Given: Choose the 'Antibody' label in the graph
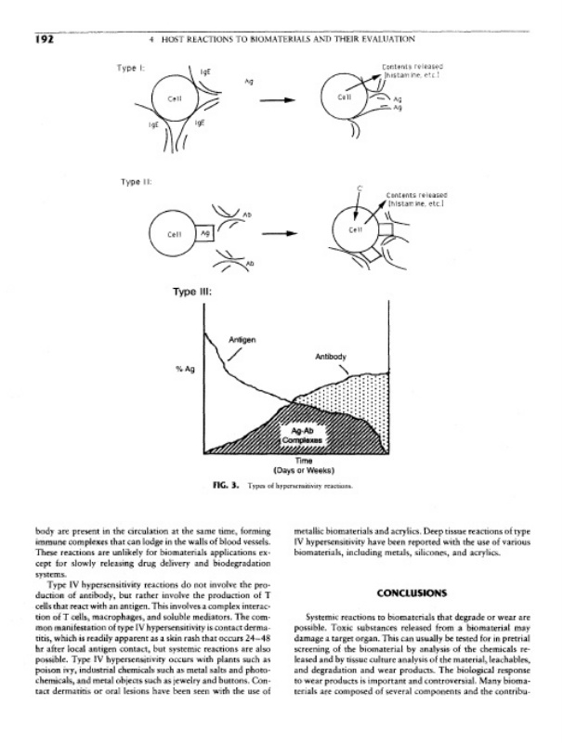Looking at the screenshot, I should [331, 357].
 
